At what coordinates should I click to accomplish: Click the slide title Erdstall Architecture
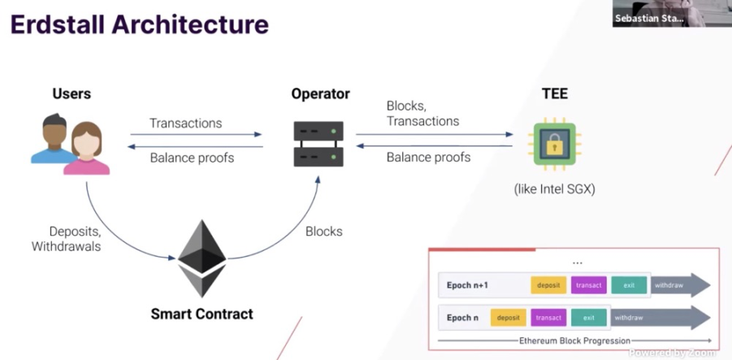(x=139, y=24)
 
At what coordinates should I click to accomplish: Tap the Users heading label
(x=71, y=93)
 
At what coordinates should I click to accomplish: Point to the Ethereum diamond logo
(x=202, y=258)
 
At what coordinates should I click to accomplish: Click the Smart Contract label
(x=202, y=313)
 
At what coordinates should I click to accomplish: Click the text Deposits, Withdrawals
(x=66, y=239)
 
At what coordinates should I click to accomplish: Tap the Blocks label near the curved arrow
(x=324, y=231)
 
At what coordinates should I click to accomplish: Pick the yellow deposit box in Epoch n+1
(x=548, y=285)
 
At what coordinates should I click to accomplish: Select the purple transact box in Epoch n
(x=549, y=318)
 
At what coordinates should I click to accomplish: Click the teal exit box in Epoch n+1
(x=629, y=285)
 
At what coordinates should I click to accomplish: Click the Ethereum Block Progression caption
(x=575, y=340)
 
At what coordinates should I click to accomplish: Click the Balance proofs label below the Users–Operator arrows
(x=192, y=158)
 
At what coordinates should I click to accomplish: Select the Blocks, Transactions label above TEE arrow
(x=422, y=114)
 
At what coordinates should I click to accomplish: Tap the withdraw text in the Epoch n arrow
(x=629, y=318)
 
